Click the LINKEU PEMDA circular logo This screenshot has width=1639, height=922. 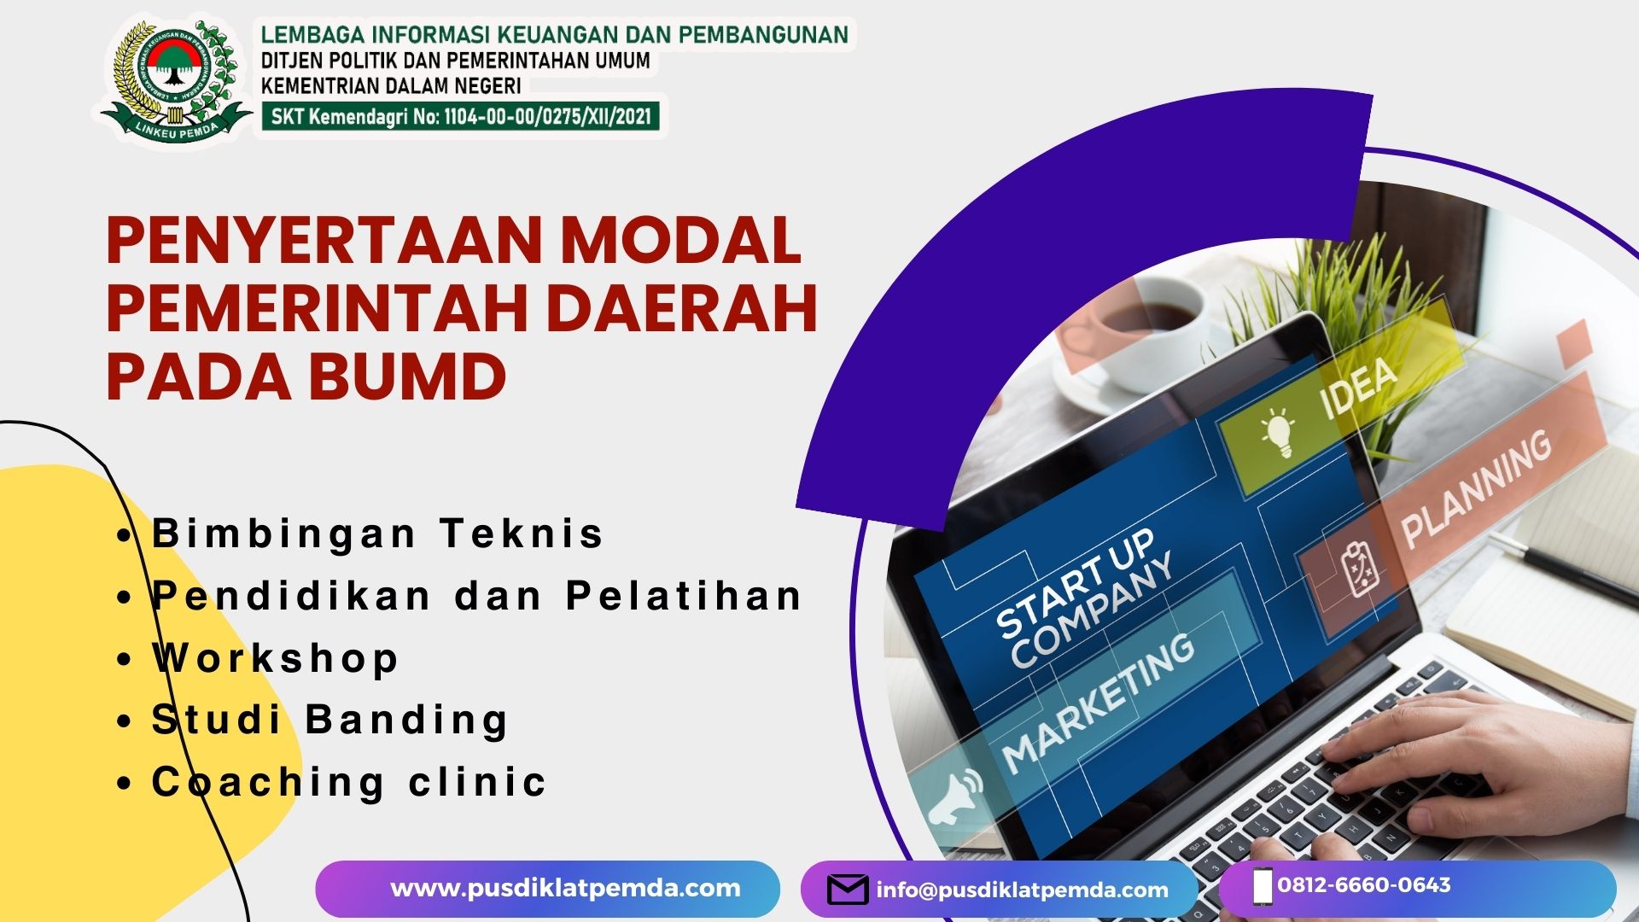(176, 80)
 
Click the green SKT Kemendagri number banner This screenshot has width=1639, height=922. (460, 116)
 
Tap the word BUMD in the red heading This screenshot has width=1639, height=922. (407, 376)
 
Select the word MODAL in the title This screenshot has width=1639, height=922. (680, 240)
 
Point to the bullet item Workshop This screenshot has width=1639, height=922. (275, 658)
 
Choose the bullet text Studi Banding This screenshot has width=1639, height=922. (330, 720)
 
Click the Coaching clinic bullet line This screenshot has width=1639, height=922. (348, 782)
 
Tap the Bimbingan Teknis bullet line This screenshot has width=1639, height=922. (377, 534)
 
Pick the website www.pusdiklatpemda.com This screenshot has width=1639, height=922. (565, 888)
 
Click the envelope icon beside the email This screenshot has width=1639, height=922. (848, 890)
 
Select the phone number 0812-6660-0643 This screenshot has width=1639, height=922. (1364, 884)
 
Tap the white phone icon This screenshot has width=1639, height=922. (1263, 885)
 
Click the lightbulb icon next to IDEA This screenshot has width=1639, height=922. (1278, 431)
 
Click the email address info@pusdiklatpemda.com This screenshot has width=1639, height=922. (1022, 890)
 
